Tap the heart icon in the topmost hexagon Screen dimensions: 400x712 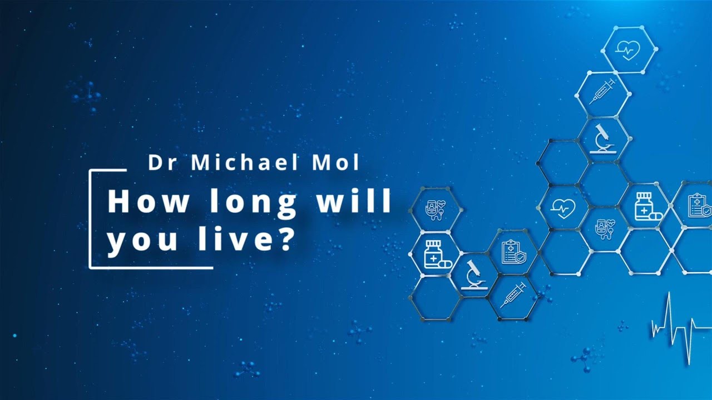628,50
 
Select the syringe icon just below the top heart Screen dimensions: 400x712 602,92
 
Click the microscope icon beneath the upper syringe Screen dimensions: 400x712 602,139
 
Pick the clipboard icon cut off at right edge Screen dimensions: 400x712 699,206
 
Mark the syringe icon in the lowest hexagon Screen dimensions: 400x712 513,295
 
